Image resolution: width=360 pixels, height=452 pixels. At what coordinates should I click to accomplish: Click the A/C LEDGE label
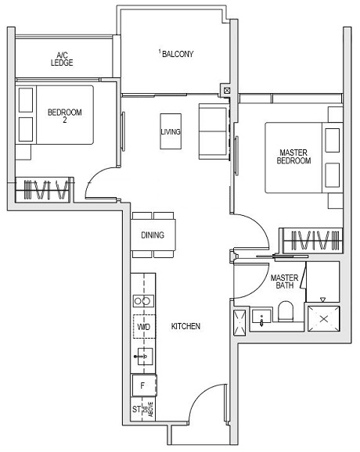pyautogui.click(x=62, y=59)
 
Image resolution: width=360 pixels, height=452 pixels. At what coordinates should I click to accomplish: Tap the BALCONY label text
pyautogui.click(x=177, y=53)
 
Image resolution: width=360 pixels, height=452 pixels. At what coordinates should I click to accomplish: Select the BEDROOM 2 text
pyautogui.click(x=64, y=117)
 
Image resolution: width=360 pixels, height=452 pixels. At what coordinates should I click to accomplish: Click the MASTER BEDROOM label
pyautogui.click(x=294, y=156)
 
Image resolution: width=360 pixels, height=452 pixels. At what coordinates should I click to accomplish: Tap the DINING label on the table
pyautogui.click(x=153, y=235)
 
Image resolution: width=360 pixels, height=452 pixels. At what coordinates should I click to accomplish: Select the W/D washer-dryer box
pyautogui.click(x=143, y=327)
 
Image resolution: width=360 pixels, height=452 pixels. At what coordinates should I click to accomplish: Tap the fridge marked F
pyautogui.click(x=143, y=386)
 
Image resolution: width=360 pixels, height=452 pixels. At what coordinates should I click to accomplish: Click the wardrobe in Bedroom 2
pyautogui.click(x=44, y=189)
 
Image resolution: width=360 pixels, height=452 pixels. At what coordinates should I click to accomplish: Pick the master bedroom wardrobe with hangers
pyautogui.click(x=311, y=239)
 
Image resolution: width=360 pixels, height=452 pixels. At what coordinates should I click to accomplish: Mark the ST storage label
pyautogui.click(x=137, y=409)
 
